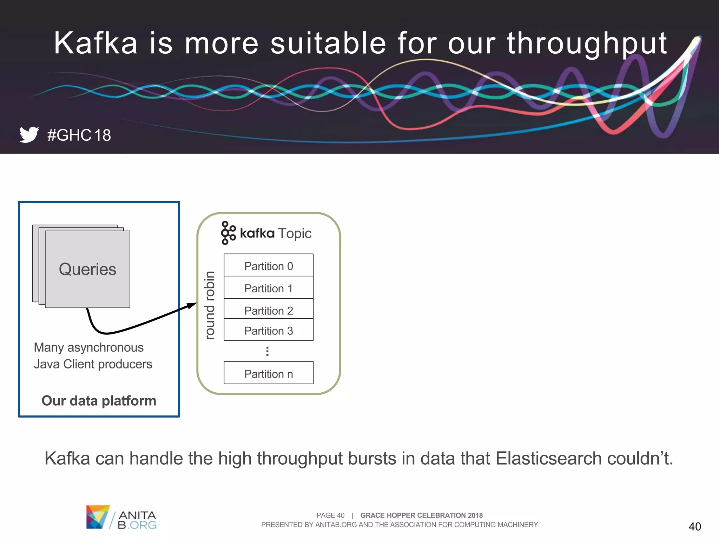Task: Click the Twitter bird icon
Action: point(29,134)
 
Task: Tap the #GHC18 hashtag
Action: point(79,135)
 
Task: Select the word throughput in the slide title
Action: point(587,44)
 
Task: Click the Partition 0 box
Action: point(269,265)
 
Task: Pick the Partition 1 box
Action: point(269,288)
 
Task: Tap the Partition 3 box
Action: point(269,330)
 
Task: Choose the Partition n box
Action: point(269,373)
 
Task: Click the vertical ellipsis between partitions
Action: point(268,351)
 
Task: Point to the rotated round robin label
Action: point(210,305)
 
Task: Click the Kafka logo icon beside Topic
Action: point(228,233)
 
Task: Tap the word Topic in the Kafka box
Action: point(295,233)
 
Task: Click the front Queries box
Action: point(87,269)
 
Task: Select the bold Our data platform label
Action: point(99,401)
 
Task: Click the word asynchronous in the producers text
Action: point(105,347)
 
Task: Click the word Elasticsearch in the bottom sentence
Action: point(549,458)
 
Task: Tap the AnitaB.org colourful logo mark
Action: point(98,517)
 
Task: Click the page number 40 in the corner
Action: point(695,526)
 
